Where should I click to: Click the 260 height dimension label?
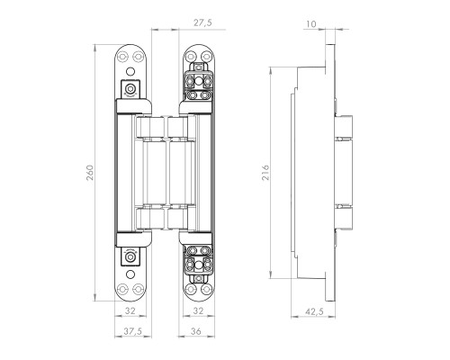click(91, 173)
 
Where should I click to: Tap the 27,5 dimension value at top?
click(202, 22)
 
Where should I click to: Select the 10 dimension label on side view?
click(311, 24)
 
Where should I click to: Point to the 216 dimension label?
click(265, 173)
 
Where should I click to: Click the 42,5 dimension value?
click(314, 312)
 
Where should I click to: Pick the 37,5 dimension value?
click(132, 331)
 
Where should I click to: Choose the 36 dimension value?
click(196, 331)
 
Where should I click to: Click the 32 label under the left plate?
click(130, 311)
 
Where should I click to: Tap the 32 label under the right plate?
click(198, 311)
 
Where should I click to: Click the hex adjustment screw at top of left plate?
click(130, 89)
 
